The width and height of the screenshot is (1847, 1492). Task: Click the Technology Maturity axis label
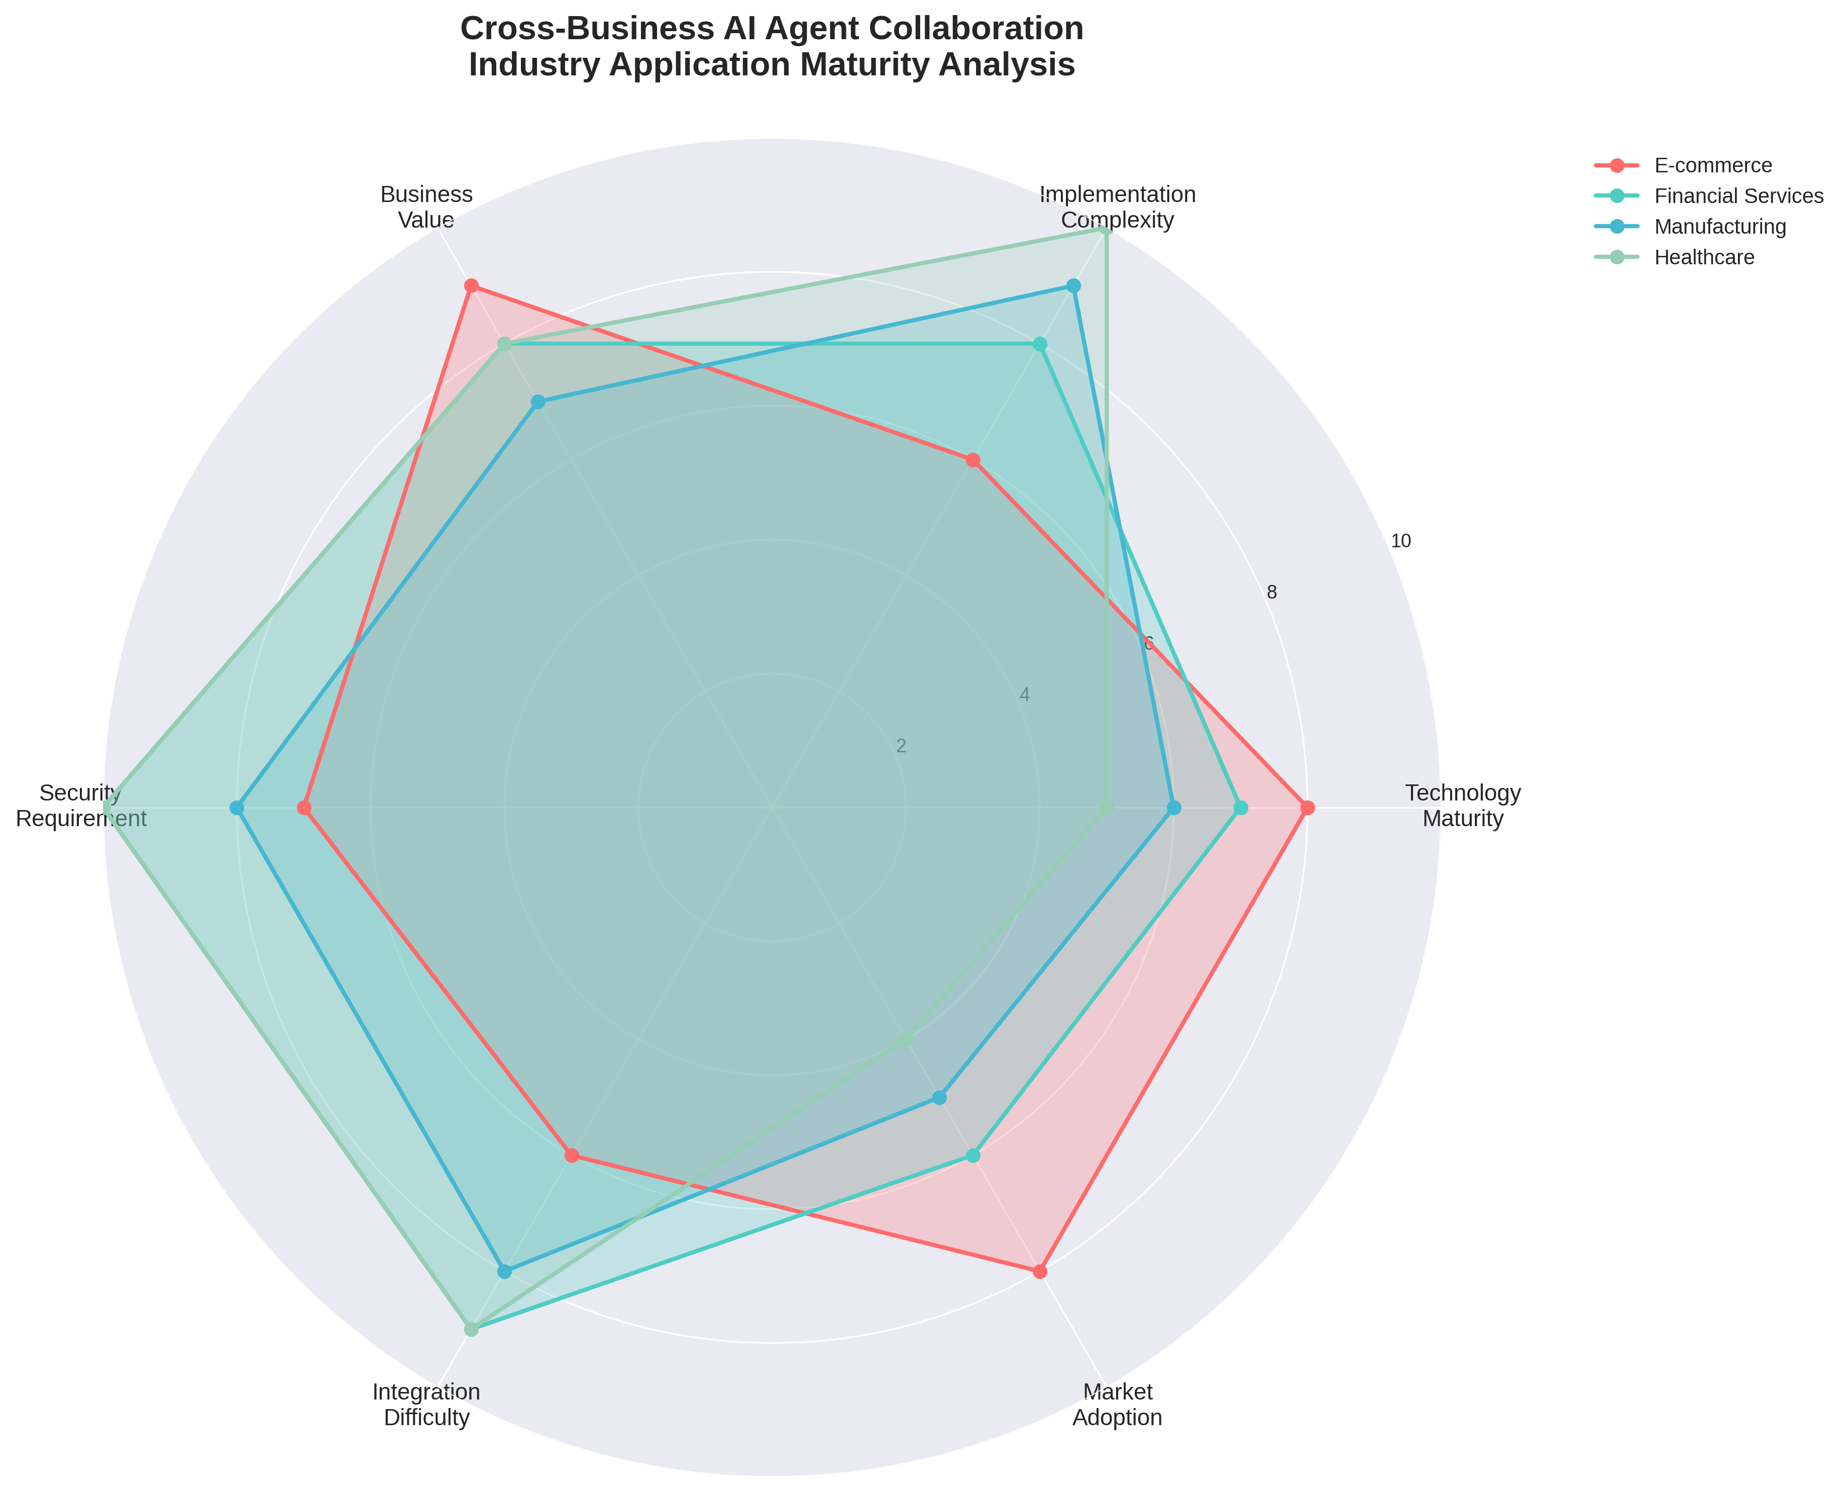(1462, 806)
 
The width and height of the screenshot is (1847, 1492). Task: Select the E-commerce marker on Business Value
(470, 286)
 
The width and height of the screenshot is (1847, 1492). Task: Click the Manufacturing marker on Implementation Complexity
(1073, 286)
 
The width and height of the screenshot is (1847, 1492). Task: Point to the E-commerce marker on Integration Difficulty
(571, 1156)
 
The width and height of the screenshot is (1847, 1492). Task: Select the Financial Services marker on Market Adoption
(972, 1156)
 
